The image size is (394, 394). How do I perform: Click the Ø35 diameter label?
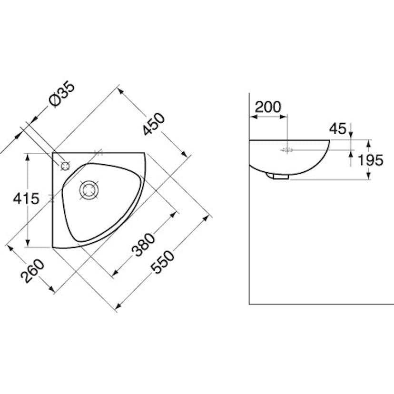click(62, 95)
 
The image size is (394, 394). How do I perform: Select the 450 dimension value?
click(154, 124)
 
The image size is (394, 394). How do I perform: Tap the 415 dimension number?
click(26, 198)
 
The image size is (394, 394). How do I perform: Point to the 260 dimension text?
click(32, 271)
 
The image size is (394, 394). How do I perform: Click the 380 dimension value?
click(143, 245)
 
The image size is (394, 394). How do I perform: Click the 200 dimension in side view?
click(268, 107)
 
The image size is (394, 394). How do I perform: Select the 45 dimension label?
click(338, 129)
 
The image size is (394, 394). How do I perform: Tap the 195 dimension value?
click(370, 160)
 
